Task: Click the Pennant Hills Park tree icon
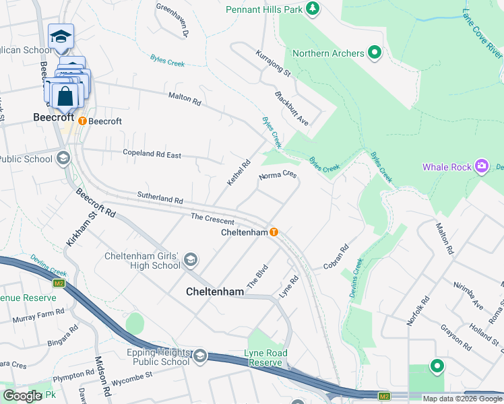pos(311,8)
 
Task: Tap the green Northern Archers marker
pos(375,53)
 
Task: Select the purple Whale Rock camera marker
pos(481,166)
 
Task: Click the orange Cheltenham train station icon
pos(274,232)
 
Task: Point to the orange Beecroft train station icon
pos(82,121)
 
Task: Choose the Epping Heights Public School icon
pos(199,356)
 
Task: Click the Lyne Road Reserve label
pos(267,358)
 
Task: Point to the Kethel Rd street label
pos(239,173)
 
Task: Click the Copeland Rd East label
pos(152,154)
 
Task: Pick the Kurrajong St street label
pos(273,63)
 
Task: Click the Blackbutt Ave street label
pos(292,106)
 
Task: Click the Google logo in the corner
pos(22,396)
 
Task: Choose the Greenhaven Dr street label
pos(174,19)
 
